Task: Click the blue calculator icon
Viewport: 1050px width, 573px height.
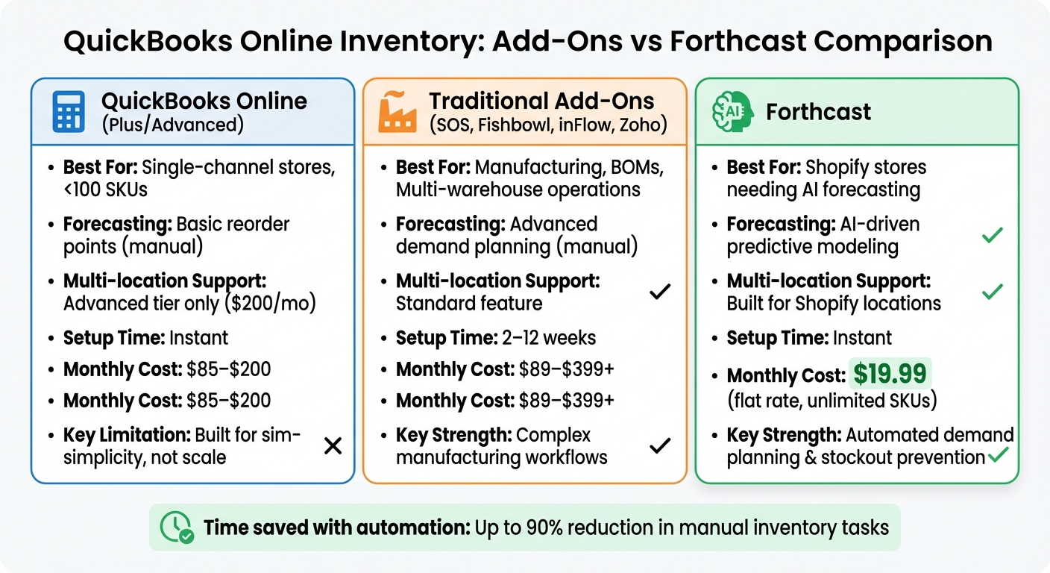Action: (69, 113)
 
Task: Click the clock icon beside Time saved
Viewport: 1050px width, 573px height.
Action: (177, 527)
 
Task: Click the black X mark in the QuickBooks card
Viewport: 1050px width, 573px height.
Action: (333, 446)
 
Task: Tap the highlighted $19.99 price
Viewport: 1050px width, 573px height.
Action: (890, 374)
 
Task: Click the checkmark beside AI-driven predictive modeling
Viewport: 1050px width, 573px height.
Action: (991, 236)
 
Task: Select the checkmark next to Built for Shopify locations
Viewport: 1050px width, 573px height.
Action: (991, 292)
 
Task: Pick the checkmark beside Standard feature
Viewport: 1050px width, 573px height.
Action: (659, 292)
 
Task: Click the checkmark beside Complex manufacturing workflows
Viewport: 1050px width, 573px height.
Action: (659, 446)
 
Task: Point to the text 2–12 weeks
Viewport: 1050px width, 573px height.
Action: (546, 338)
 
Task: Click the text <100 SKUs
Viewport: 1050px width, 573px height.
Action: (105, 190)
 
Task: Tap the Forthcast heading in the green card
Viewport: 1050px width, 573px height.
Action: (818, 113)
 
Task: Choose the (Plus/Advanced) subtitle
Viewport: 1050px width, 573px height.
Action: (172, 125)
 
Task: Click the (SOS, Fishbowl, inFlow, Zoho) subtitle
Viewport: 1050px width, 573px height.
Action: (548, 125)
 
